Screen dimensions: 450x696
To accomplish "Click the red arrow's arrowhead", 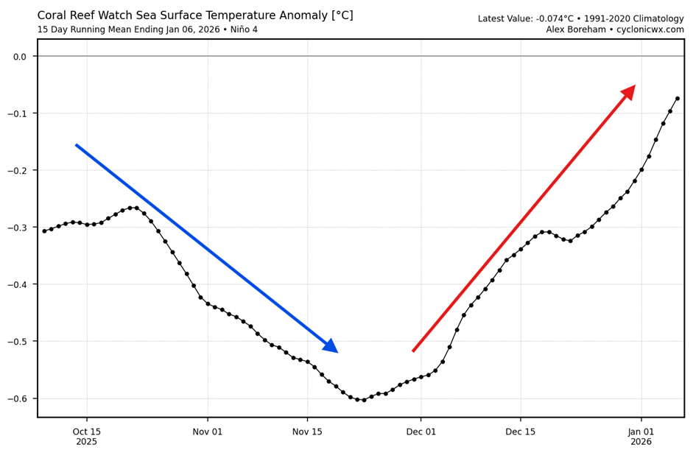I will pos(628,92).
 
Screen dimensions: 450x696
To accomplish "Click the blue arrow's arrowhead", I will pos(331,346).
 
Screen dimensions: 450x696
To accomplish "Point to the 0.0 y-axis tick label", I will pos(20,57).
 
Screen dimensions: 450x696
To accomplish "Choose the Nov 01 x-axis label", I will pos(208,432).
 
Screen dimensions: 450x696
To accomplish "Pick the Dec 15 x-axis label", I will pos(521,432).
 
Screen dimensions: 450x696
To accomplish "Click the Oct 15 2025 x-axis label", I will pos(87,437).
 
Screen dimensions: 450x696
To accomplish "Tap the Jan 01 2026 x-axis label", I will pos(641,437).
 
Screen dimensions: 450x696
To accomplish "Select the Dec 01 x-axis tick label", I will pos(421,432).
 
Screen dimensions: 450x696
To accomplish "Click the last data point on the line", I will pos(677,99).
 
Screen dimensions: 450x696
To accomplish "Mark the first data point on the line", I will pos(44,231).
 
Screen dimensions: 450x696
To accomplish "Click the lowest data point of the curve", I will pos(364,400).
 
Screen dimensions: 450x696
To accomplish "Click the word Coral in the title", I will pos(54,15).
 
